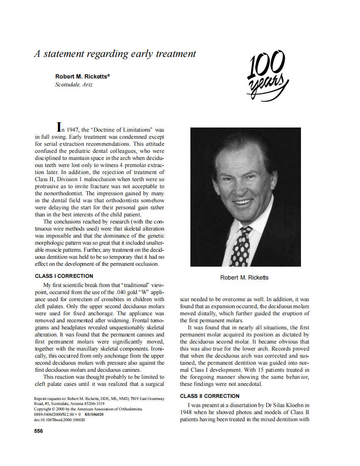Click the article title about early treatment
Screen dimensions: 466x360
click(115, 54)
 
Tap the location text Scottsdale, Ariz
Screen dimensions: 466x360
click(74, 84)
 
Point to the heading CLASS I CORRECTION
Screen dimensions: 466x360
click(64, 276)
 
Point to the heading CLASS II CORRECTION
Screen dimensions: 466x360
click(210, 396)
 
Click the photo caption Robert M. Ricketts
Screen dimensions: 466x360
click(244, 277)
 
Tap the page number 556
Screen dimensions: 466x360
click(39, 431)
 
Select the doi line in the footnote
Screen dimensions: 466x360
click(59, 420)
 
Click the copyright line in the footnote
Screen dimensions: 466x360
click(89, 409)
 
